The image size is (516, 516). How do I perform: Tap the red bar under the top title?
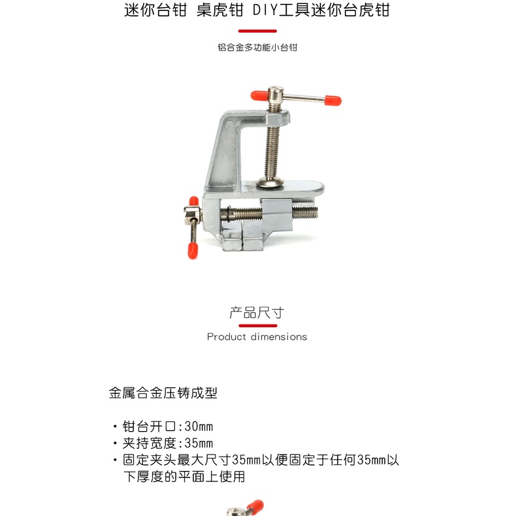257,31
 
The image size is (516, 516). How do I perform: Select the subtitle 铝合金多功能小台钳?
257,48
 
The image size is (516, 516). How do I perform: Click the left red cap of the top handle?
259,95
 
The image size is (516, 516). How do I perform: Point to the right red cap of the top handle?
333,101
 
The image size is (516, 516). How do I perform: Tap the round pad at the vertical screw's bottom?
270,182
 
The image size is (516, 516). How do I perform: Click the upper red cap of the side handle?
194,201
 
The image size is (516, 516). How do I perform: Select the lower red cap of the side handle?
193,251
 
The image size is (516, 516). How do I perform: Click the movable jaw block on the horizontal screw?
277,215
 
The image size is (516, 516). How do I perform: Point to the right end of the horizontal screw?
317,212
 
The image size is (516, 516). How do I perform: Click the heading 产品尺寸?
257,313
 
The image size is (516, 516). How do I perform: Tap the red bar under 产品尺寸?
257,326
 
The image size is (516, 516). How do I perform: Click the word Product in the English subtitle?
227,336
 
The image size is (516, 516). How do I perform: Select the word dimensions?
279,336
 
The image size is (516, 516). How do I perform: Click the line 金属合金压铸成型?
163,393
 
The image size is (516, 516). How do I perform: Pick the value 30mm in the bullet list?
199,427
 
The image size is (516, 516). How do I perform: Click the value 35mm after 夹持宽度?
199,443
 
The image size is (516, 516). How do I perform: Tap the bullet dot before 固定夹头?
115,460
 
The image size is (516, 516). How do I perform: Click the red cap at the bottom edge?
255,507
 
